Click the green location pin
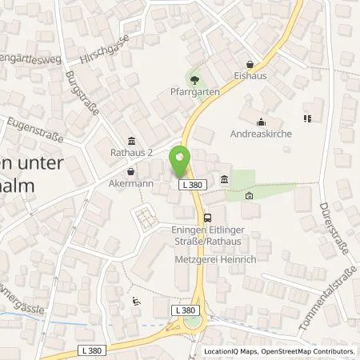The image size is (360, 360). click(x=180, y=162)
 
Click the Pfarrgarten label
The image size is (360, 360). click(x=196, y=93)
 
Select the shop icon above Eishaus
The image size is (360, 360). click(x=250, y=65)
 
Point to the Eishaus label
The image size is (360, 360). click(x=250, y=79)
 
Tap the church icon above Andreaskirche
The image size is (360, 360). click(x=261, y=122)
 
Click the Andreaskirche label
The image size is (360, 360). click(x=261, y=135)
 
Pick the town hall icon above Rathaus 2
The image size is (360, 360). click(x=131, y=141)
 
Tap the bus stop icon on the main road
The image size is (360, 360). click(x=208, y=216)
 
